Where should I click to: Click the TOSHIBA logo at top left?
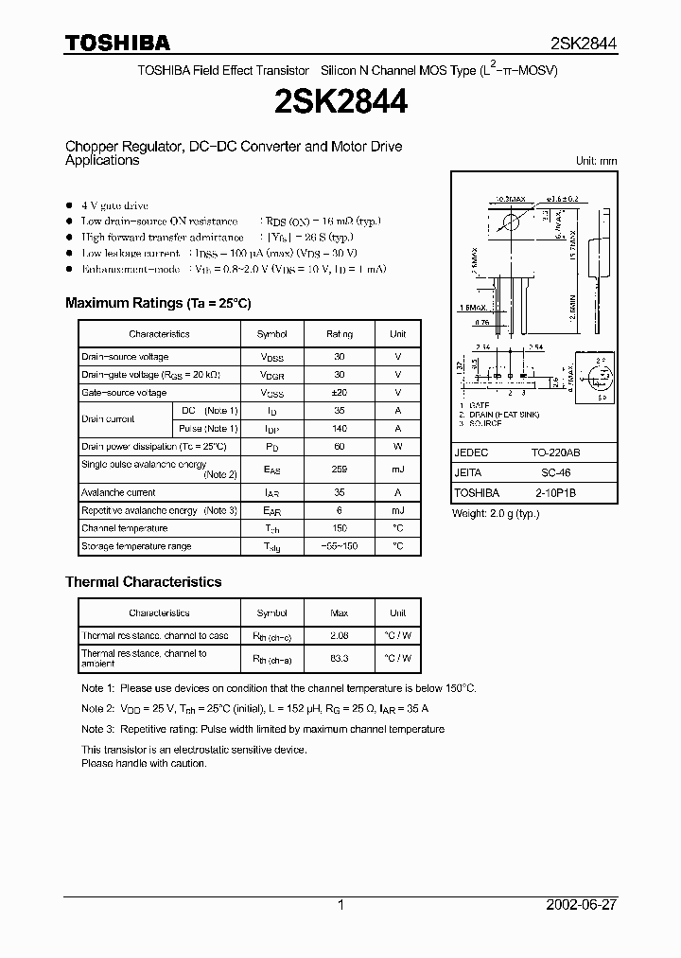pos(117,43)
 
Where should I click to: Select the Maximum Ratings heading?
pos(157,303)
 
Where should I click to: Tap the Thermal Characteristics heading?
pos(143,582)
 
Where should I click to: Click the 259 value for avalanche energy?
pos(340,469)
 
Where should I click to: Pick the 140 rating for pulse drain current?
pos(340,429)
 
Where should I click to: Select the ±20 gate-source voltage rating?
pos(340,393)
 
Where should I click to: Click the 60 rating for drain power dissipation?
pos(340,447)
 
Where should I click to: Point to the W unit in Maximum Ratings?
pos(397,447)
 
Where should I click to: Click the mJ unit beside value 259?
pos(397,469)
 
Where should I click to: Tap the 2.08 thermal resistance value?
pos(340,636)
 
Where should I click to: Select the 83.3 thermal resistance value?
pos(340,657)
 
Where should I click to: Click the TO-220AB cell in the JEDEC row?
pos(564,452)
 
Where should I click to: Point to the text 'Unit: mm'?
pos(596,161)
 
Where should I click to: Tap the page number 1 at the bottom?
pos(340,905)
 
